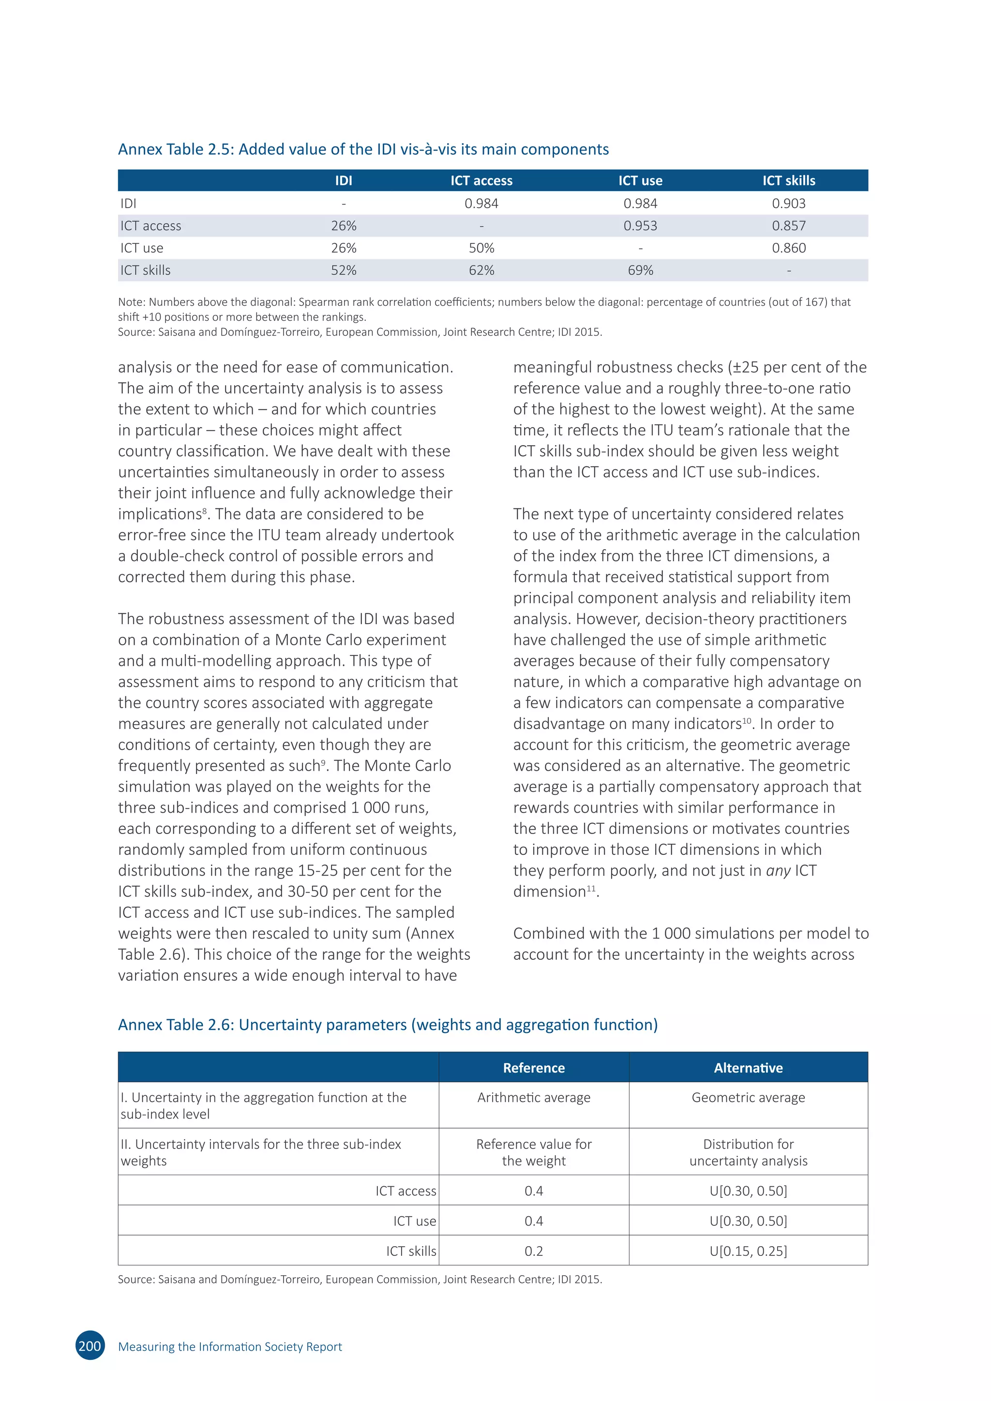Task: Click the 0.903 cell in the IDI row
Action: [x=788, y=203]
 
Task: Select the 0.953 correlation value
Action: [x=640, y=226]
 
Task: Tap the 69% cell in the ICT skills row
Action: [x=640, y=270]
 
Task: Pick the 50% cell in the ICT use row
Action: [x=481, y=248]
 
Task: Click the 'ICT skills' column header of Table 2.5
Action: [x=788, y=180]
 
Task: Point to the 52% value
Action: [x=344, y=270]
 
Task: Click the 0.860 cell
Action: [x=788, y=248]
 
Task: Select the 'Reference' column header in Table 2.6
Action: [x=533, y=1068]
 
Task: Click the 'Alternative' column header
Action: [x=748, y=1068]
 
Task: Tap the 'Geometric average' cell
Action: [x=748, y=1098]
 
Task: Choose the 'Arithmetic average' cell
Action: [x=533, y=1098]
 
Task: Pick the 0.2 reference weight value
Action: [x=533, y=1251]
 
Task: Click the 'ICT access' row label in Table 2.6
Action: [x=406, y=1191]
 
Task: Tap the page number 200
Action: [x=90, y=1346]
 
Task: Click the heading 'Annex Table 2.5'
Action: [x=363, y=149]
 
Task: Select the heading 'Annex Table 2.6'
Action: [x=388, y=1025]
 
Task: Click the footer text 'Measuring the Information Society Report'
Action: [x=230, y=1347]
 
